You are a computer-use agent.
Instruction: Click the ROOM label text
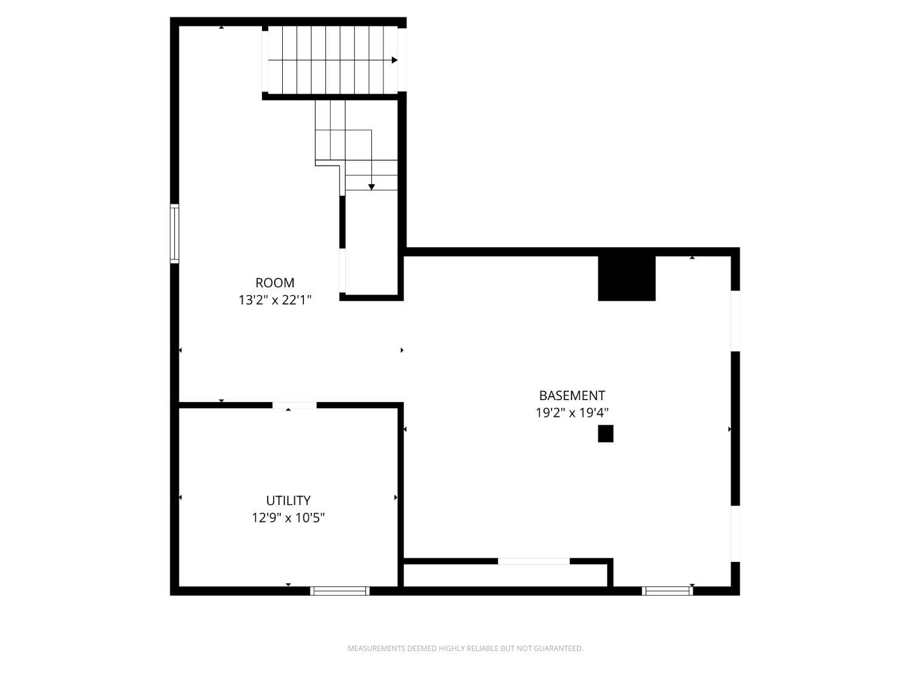pos(275,282)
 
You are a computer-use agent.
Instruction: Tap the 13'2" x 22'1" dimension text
pos(275,299)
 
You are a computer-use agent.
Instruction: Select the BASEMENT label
pos(572,396)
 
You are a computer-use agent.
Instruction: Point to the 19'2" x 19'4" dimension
pos(572,413)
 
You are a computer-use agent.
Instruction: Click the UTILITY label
pos(288,501)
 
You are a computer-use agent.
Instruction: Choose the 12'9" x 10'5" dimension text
pos(288,518)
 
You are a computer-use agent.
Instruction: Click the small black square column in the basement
pos(605,433)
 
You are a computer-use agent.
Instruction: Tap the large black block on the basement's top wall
pos(627,278)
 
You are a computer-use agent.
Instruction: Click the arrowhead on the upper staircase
pos(394,60)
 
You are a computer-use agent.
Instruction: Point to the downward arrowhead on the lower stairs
pos(371,187)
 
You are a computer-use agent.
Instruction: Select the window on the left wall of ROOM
pos(175,234)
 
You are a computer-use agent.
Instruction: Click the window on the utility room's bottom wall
pos(340,590)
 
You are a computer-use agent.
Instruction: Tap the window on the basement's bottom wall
pos(667,590)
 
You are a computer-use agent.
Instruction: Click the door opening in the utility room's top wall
pos(294,405)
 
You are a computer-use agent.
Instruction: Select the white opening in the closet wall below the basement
pos(534,561)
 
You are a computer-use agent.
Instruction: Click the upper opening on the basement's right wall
pos(735,321)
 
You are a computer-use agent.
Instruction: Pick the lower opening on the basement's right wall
pos(735,533)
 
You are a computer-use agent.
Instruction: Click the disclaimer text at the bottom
pos(465,649)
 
